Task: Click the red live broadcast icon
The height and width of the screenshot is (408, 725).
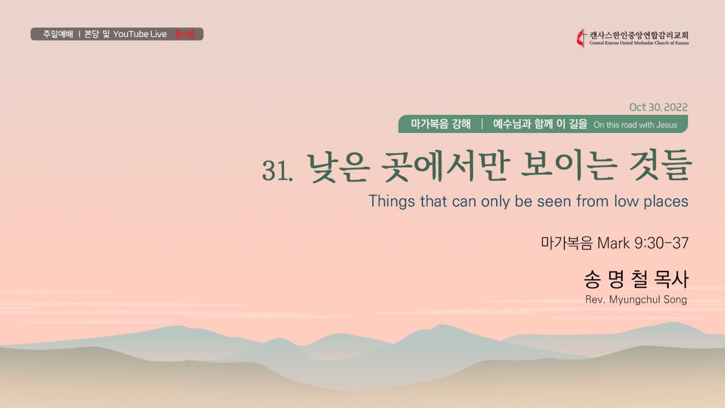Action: [185, 34]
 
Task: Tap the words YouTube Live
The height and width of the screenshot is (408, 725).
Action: [140, 34]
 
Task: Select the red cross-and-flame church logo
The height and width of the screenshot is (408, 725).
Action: [581, 39]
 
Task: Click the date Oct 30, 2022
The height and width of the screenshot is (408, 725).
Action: [659, 107]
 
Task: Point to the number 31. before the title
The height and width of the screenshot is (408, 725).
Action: [277, 170]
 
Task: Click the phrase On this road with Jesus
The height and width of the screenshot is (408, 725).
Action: [636, 125]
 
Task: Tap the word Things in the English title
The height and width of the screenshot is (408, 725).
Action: [391, 201]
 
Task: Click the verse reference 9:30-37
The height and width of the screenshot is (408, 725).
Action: [662, 243]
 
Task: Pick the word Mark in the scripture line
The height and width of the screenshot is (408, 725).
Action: [613, 243]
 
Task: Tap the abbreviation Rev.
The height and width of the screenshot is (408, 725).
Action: [595, 300]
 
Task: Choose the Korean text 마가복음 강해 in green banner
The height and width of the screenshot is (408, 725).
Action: [440, 124]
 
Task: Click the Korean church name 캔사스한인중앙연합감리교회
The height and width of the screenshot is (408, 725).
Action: [639, 35]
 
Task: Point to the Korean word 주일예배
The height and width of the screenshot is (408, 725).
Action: [58, 34]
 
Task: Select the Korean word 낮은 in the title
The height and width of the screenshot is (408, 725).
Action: [338, 168]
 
